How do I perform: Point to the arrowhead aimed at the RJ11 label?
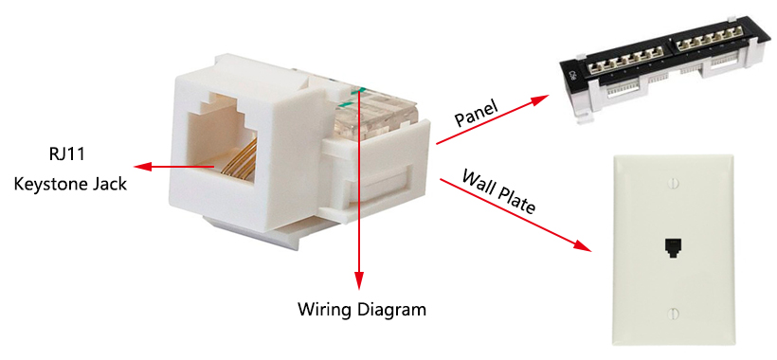click(x=142, y=168)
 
